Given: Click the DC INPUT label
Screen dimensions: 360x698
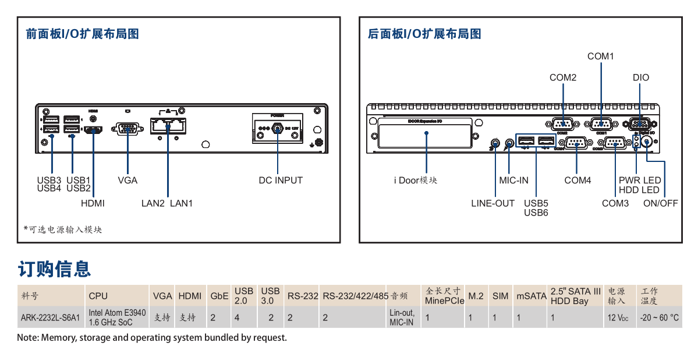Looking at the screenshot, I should (281, 180).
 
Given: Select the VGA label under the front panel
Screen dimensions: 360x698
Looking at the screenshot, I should (127, 180).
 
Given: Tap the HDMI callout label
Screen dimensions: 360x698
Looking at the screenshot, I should (93, 203).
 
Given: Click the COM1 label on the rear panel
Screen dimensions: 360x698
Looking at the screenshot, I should (600, 57).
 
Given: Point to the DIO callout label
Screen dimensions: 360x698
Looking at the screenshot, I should (640, 77).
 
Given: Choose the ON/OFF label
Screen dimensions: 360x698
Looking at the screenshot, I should (660, 203).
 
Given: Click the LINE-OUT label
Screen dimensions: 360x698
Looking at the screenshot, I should (493, 203).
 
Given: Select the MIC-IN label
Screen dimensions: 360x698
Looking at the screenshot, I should (513, 180).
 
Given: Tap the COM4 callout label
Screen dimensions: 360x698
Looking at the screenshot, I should (577, 180).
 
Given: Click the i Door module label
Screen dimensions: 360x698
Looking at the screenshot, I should (415, 180).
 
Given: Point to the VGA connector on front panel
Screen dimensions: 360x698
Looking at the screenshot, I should (127, 129).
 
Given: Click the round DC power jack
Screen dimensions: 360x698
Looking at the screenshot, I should (278, 128).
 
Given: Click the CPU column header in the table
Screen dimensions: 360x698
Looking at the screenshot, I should (98, 296).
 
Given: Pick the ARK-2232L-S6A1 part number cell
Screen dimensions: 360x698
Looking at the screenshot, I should (49, 318).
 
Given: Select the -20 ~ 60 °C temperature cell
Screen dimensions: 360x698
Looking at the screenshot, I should (659, 318).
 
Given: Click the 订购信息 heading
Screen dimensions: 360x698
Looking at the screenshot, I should (54, 269).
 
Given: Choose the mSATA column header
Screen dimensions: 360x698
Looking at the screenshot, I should (531, 296).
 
